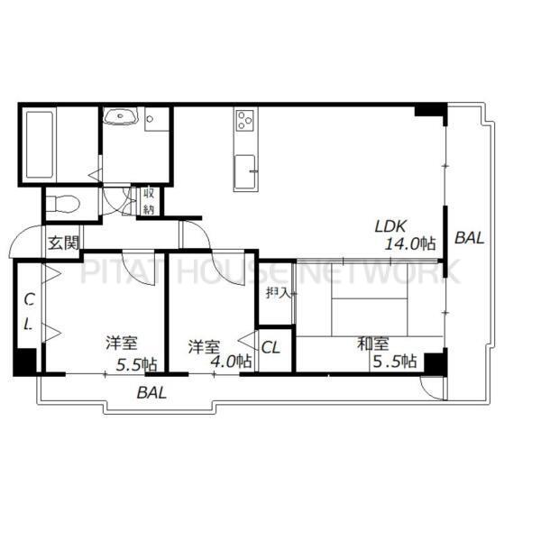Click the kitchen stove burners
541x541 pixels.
(x=245, y=120)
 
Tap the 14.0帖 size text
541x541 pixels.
(x=410, y=244)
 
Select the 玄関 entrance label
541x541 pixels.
(x=63, y=242)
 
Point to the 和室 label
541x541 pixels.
(x=372, y=344)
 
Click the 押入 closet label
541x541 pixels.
(x=277, y=292)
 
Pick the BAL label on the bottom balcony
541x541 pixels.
(x=151, y=392)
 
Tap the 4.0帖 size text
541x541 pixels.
(x=230, y=364)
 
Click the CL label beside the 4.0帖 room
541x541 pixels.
(x=271, y=346)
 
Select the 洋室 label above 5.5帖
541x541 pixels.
(x=121, y=344)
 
